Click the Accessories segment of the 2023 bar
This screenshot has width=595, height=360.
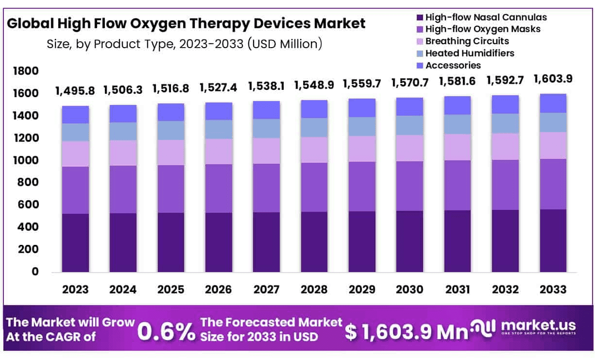[x=75, y=115]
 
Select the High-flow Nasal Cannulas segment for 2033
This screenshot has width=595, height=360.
[x=553, y=240]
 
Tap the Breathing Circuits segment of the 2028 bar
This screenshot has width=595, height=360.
[x=314, y=150]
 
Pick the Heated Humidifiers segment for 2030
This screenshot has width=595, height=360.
[x=410, y=125]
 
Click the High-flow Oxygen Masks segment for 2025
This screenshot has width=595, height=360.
[x=171, y=189]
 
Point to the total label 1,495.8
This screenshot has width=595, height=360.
[x=75, y=90]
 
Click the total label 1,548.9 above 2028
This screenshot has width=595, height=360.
[x=314, y=85]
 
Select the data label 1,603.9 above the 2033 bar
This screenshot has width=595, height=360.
[x=553, y=79]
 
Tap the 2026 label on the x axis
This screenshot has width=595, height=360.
[x=219, y=290]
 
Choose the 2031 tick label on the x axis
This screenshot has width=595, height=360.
[x=458, y=290]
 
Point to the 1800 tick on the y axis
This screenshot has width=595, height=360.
[x=28, y=71]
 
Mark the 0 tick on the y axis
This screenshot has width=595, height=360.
[x=35, y=272]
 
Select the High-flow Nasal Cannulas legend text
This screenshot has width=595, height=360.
[x=486, y=17]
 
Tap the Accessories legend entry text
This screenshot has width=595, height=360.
[x=453, y=65]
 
